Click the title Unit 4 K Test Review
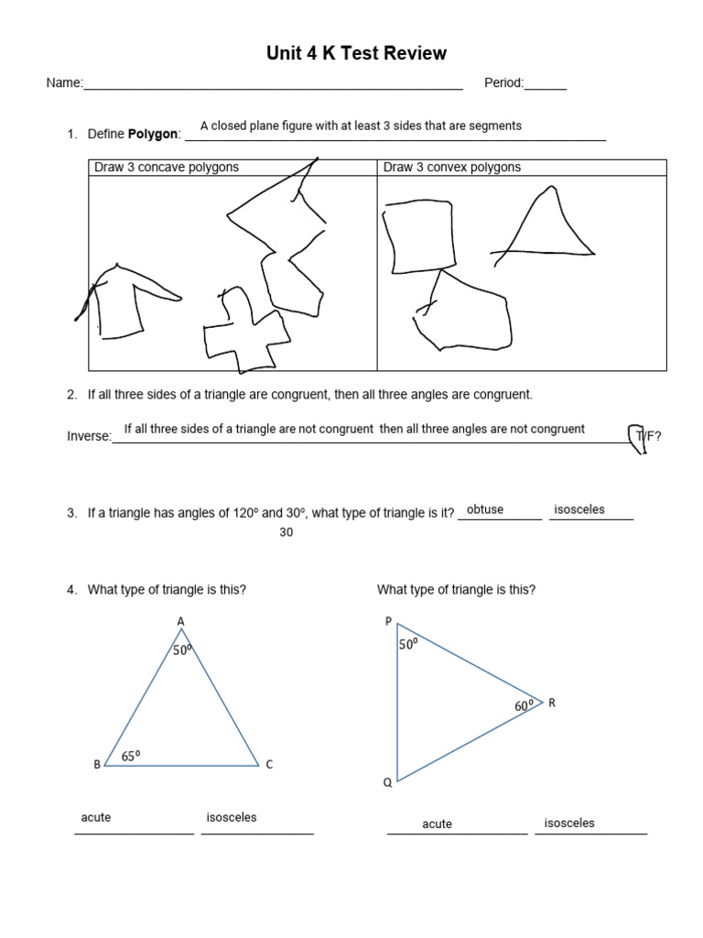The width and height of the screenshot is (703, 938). (x=356, y=53)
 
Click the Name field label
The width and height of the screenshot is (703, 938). (x=64, y=83)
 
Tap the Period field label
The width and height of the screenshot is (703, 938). (x=503, y=83)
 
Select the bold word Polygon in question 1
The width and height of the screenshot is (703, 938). (x=152, y=135)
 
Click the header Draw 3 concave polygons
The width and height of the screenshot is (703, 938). (x=167, y=168)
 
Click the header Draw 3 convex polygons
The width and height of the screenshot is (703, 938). (x=451, y=168)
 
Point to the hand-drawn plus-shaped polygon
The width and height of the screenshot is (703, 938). (x=240, y=331)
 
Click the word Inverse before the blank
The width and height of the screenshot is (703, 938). (x=88, y=436)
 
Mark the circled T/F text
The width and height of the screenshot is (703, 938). (x=644, y=437)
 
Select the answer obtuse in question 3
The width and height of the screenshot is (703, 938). (x=484, y=509)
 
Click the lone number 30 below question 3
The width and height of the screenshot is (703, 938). (x=286, y=533)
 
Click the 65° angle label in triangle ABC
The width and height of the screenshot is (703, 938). (x=131, y=757)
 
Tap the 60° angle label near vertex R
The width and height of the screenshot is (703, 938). (x=523, y=706)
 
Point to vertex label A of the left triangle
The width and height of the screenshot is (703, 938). (x=180, y=622)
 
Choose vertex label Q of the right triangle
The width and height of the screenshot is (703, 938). (x=387, y=783)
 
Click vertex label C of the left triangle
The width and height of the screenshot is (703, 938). (x=269, y=765)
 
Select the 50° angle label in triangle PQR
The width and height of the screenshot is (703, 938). (x=407, y=644)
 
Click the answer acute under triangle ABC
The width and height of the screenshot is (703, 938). (x=95, y=817)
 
